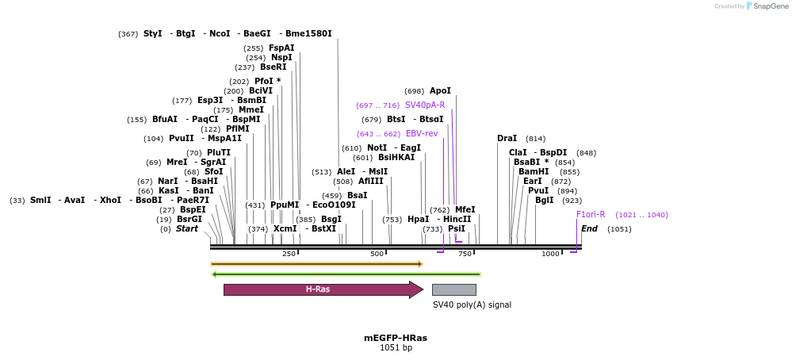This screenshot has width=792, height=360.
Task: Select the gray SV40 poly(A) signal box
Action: click(453, 289)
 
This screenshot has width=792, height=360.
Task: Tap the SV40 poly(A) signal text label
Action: click(472, 304)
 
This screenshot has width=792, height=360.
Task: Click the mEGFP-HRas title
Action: click(396, 338)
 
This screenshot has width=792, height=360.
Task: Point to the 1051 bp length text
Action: click(396, 348)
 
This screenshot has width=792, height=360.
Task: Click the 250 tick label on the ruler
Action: click(289, 254)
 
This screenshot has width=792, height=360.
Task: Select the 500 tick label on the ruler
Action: click(377, 254)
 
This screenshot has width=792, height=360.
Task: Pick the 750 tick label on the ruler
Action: click(465, 254)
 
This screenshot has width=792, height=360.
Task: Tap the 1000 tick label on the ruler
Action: click(550, 254)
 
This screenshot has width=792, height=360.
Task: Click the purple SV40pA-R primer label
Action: click(425, 105)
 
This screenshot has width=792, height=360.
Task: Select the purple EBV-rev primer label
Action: click(422, 133)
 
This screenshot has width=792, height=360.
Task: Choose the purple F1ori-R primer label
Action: click(591, 214)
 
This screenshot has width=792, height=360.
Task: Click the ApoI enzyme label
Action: click(440, 91)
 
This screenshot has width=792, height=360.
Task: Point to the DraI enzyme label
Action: click(507, 139)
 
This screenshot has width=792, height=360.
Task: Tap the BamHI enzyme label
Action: click(534, 171)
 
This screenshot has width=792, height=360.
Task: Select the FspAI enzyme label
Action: click(281, 48)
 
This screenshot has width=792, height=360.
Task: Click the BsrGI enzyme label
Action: click(189, 219)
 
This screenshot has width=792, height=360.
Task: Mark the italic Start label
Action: click(187, 229)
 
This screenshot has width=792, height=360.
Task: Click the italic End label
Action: click(589, 229)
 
